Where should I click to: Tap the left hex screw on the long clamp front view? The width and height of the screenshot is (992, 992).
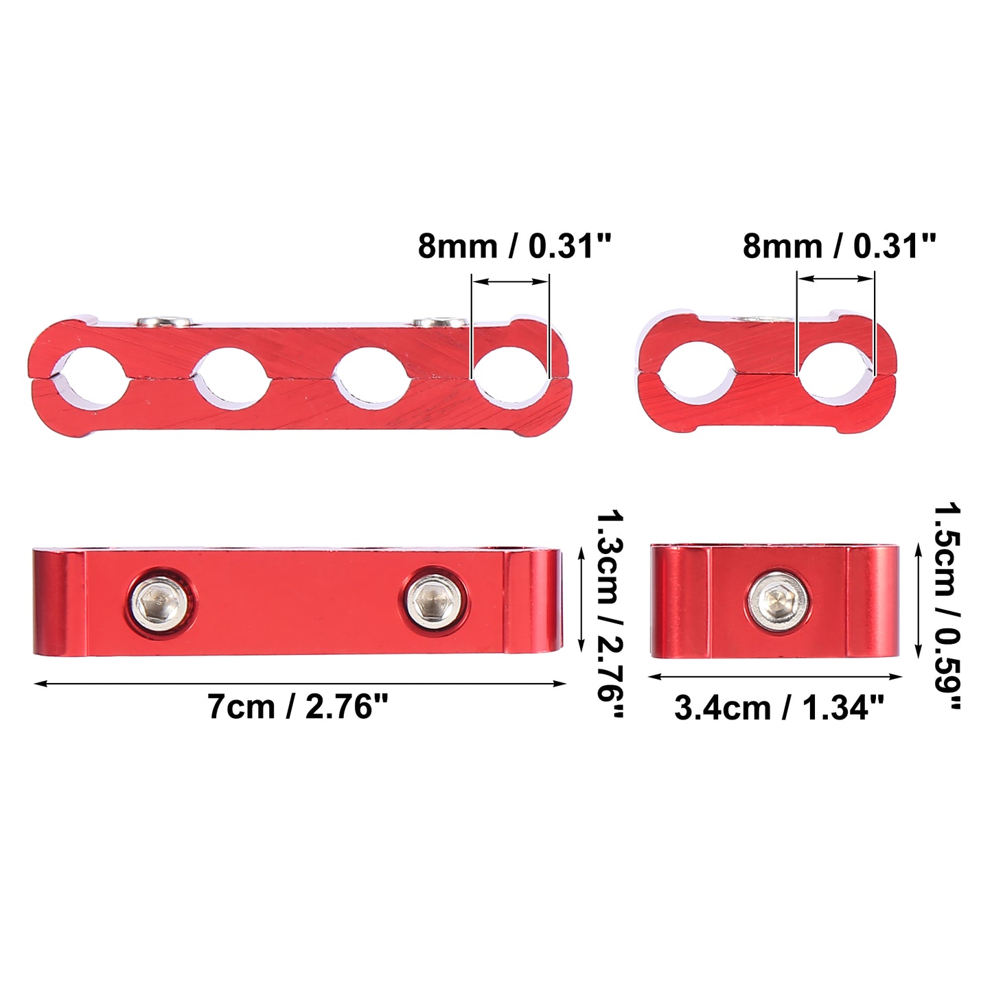click(161, 603)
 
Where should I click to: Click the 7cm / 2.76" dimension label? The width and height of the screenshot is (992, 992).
click(297, 706)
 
